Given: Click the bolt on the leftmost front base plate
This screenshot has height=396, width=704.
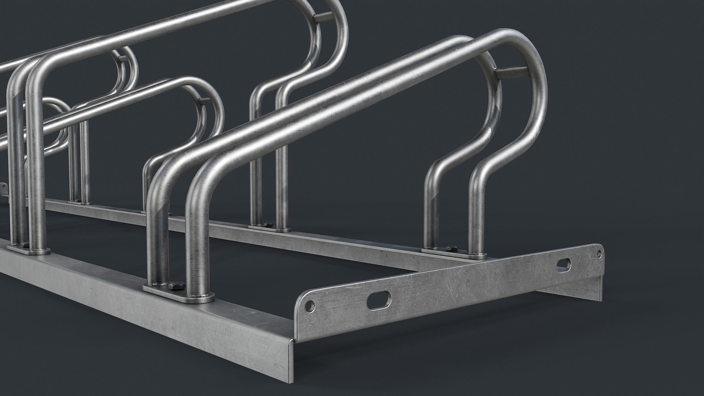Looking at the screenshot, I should [x=25, y=244].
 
